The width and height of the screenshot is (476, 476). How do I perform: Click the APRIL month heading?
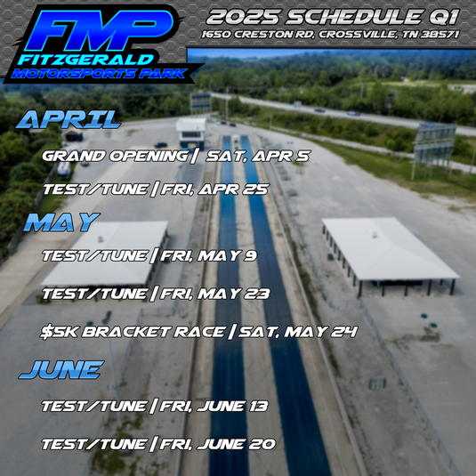tap(69, 120)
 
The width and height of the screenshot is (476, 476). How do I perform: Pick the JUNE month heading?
tap(61, 369)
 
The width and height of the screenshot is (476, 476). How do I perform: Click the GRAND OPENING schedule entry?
tap(176, 155)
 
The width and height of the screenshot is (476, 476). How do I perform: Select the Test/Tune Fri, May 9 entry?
tap(149, 256)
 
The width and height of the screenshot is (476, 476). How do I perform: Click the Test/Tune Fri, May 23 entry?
tap(155, 293)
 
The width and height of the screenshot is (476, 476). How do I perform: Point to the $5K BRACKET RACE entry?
tap(199, 331)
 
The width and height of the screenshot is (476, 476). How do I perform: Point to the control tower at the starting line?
tap(190, 131)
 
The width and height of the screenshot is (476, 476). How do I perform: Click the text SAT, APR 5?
tap(258, 155)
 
